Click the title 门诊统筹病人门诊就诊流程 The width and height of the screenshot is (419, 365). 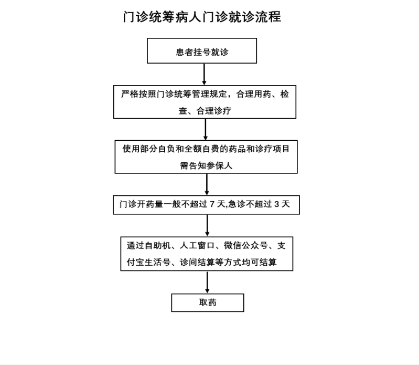click(x=202, y=17)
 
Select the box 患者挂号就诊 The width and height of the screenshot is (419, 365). click(x=202, y=51)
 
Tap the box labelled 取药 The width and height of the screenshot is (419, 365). click(x=208, y=303)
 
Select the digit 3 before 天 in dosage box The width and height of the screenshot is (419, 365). click(x=276, y=204)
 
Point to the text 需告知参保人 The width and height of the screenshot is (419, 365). click(x=206, y=165)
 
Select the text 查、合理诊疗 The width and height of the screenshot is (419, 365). click(x=205, y=111)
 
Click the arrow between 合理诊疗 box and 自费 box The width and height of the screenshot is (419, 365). click(x=206, y=129)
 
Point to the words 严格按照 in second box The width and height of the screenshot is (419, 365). click(x=138, y=95)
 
